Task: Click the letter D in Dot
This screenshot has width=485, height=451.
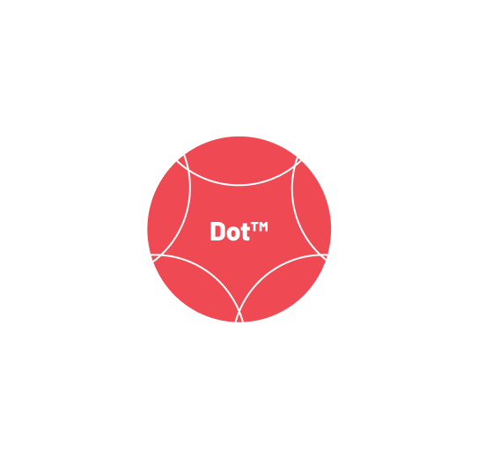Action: [217, 231]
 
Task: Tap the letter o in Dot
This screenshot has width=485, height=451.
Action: [232, 233]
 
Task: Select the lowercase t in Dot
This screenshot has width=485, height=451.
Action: [245, 232]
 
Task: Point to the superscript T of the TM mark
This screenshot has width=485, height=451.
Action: [254, 227]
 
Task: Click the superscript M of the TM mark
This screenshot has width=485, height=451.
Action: [263, 227]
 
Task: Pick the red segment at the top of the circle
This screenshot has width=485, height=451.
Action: [240, 160]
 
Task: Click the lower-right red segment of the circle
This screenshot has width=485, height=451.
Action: [283, 290]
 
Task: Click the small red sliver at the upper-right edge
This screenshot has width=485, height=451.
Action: [298, 160]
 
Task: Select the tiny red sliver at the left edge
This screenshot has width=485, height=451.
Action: [154, 257]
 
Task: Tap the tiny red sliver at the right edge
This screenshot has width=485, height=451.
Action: [325, 257]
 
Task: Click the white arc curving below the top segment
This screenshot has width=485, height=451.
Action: [239, 185]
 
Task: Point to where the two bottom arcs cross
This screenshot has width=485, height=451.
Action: [239, 312]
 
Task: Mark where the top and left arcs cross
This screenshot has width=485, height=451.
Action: [187, 170]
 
